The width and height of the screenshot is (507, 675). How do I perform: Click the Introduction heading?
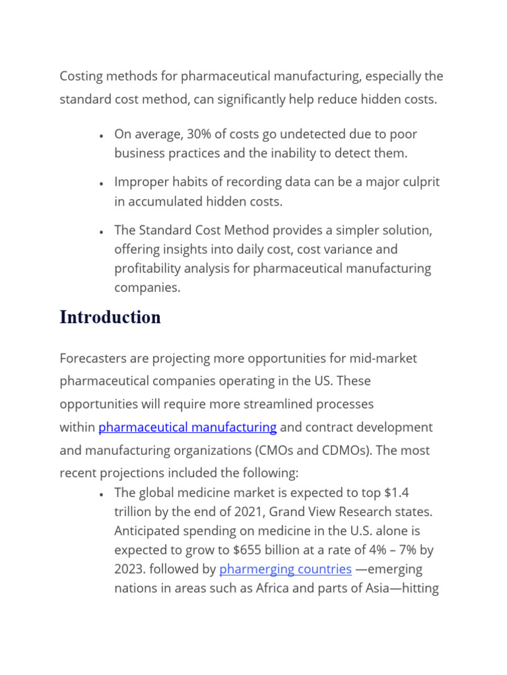pyautogui.click(x=110, y=317)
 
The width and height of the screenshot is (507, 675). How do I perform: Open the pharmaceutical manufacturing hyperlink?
pyautogui.click(x=187, y=427)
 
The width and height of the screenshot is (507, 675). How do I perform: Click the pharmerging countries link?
pyautogui.click(x=285, y=569)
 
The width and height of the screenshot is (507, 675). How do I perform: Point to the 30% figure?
pyautogui.click(x=199, y=134)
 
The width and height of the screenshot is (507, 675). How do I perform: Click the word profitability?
pyautogui.click(x=147, y=269)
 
